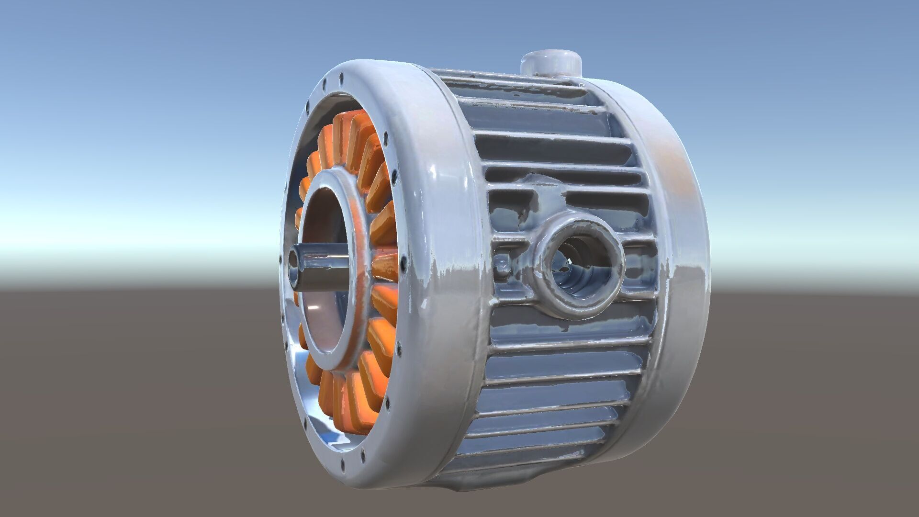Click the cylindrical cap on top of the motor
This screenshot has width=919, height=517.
550,62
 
